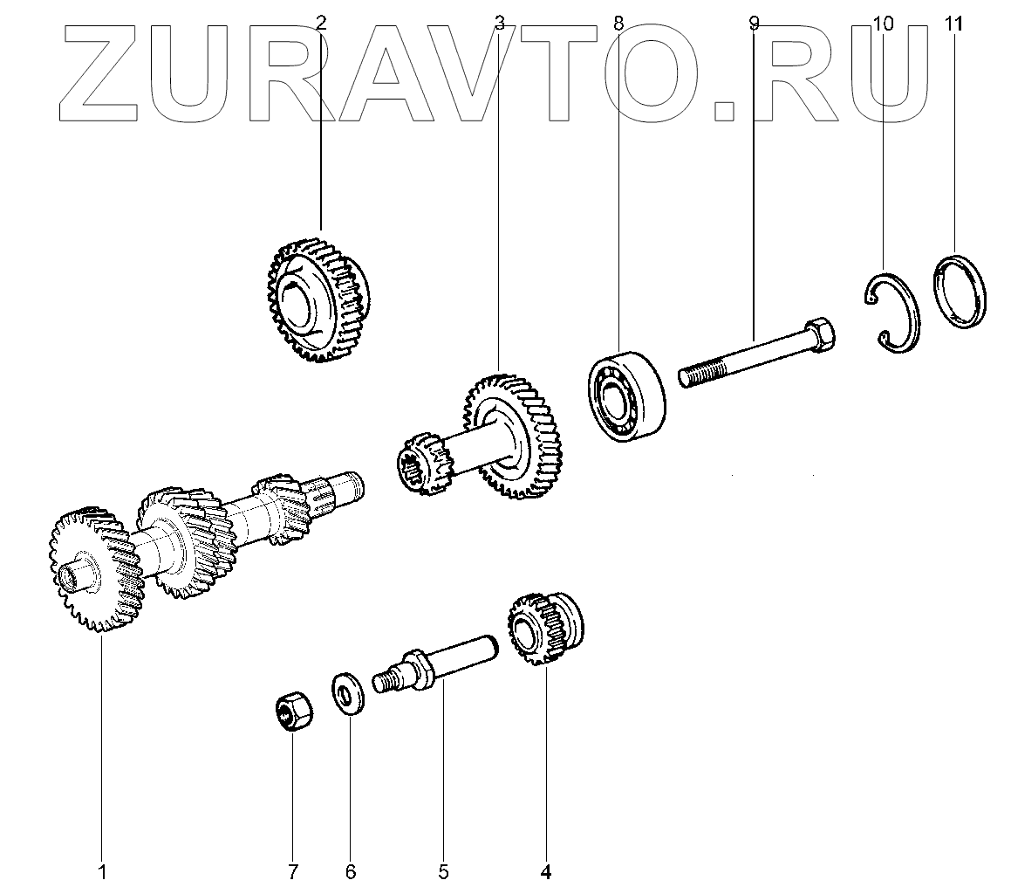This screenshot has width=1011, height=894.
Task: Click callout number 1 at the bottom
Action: [x=102, y=870]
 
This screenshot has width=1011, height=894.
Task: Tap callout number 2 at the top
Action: [x=320, y=24]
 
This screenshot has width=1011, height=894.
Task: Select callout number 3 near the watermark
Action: [x=499, y=24]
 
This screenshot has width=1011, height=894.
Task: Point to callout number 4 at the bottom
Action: [x=546, y=870]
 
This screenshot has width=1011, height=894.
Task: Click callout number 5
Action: [x=443, y=870]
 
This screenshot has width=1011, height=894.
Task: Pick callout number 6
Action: [x=350, y=870]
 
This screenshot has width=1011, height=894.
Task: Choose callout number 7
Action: [x=293, y=870]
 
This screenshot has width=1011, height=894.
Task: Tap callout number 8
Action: [x=618, y=24]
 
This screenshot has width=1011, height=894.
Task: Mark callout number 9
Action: [x=754, y=24]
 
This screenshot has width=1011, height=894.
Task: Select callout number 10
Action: [x=883, y=24]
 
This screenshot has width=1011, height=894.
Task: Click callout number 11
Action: [x=954, y=24]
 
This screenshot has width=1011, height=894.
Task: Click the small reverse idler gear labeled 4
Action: [x=543, y=629]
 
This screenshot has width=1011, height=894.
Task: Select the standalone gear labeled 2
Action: [x=318, y=297]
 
